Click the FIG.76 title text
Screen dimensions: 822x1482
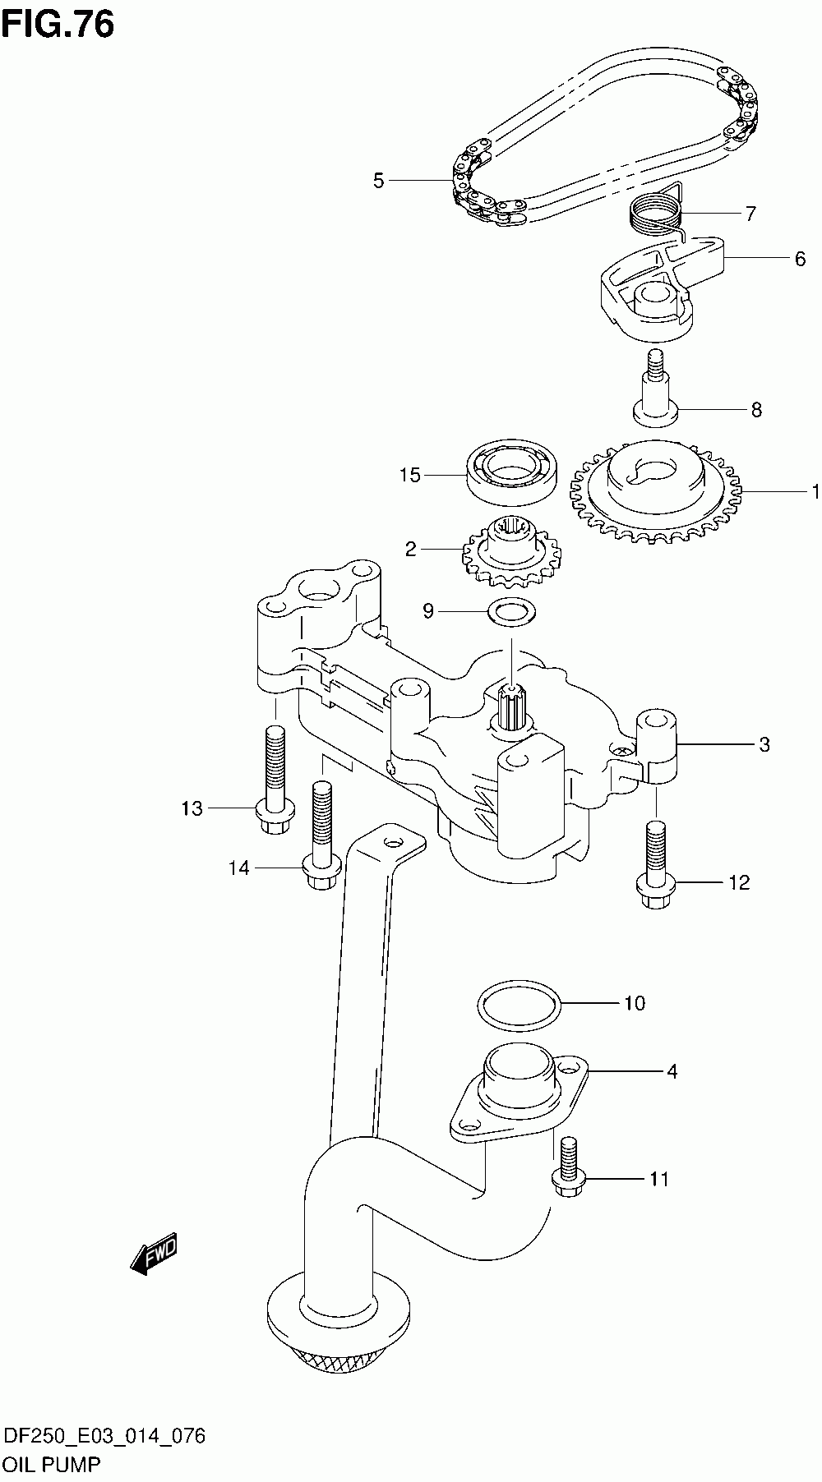point(58,25)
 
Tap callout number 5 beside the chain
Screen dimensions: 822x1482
point(378,181)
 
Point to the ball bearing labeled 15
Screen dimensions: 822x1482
point(514,474)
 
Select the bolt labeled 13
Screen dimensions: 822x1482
point(275,780)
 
